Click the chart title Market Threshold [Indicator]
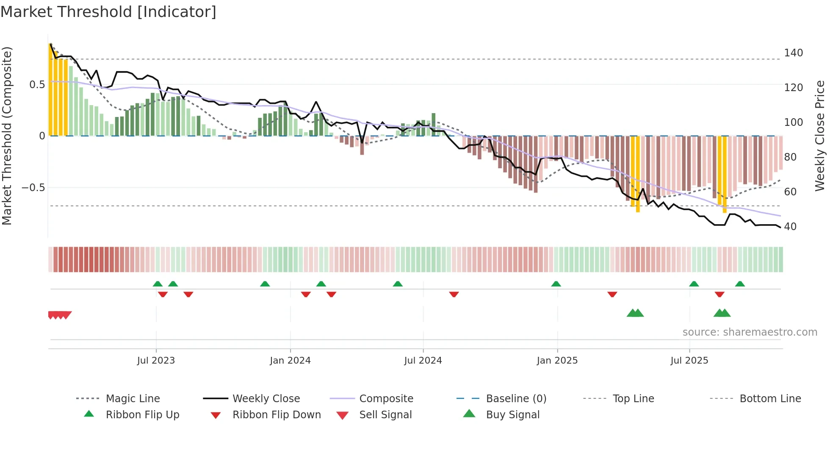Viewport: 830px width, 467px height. pos(108,12)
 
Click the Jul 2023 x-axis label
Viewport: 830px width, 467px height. pos(156,360)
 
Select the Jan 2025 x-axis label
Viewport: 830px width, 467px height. pos(557,360)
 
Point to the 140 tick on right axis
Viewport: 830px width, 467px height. pos(793,53)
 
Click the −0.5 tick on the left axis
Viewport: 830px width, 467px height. pos(33,188)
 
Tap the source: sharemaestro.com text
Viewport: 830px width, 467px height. pos(750,332)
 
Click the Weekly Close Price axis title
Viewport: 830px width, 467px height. pos(820,136)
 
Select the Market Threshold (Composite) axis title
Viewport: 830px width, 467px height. pos(7,136)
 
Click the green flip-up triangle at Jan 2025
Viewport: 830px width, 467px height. pos(556,284)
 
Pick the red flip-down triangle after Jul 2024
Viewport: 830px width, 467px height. pos(454,294)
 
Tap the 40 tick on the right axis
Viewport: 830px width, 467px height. pos(790,227)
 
